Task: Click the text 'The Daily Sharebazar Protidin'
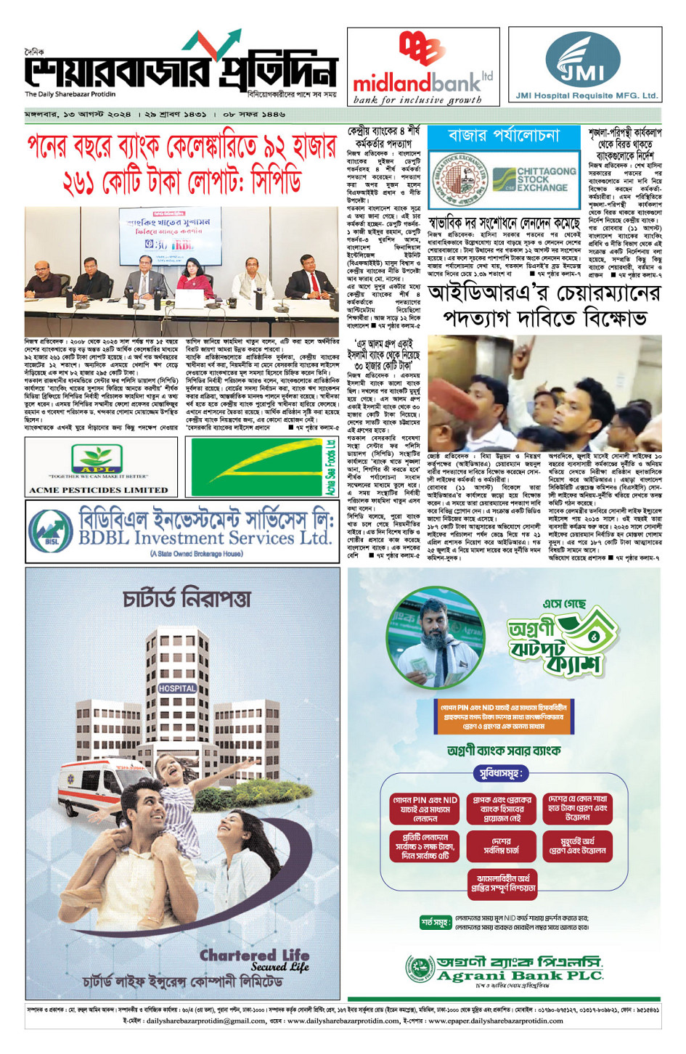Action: [70, 94]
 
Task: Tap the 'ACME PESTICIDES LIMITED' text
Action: [98, 490]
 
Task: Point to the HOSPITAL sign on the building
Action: [176, 687]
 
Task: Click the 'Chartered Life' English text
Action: [255, 955]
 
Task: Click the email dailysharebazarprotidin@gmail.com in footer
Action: [206, 1021]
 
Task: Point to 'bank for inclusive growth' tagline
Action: [417, 100]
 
